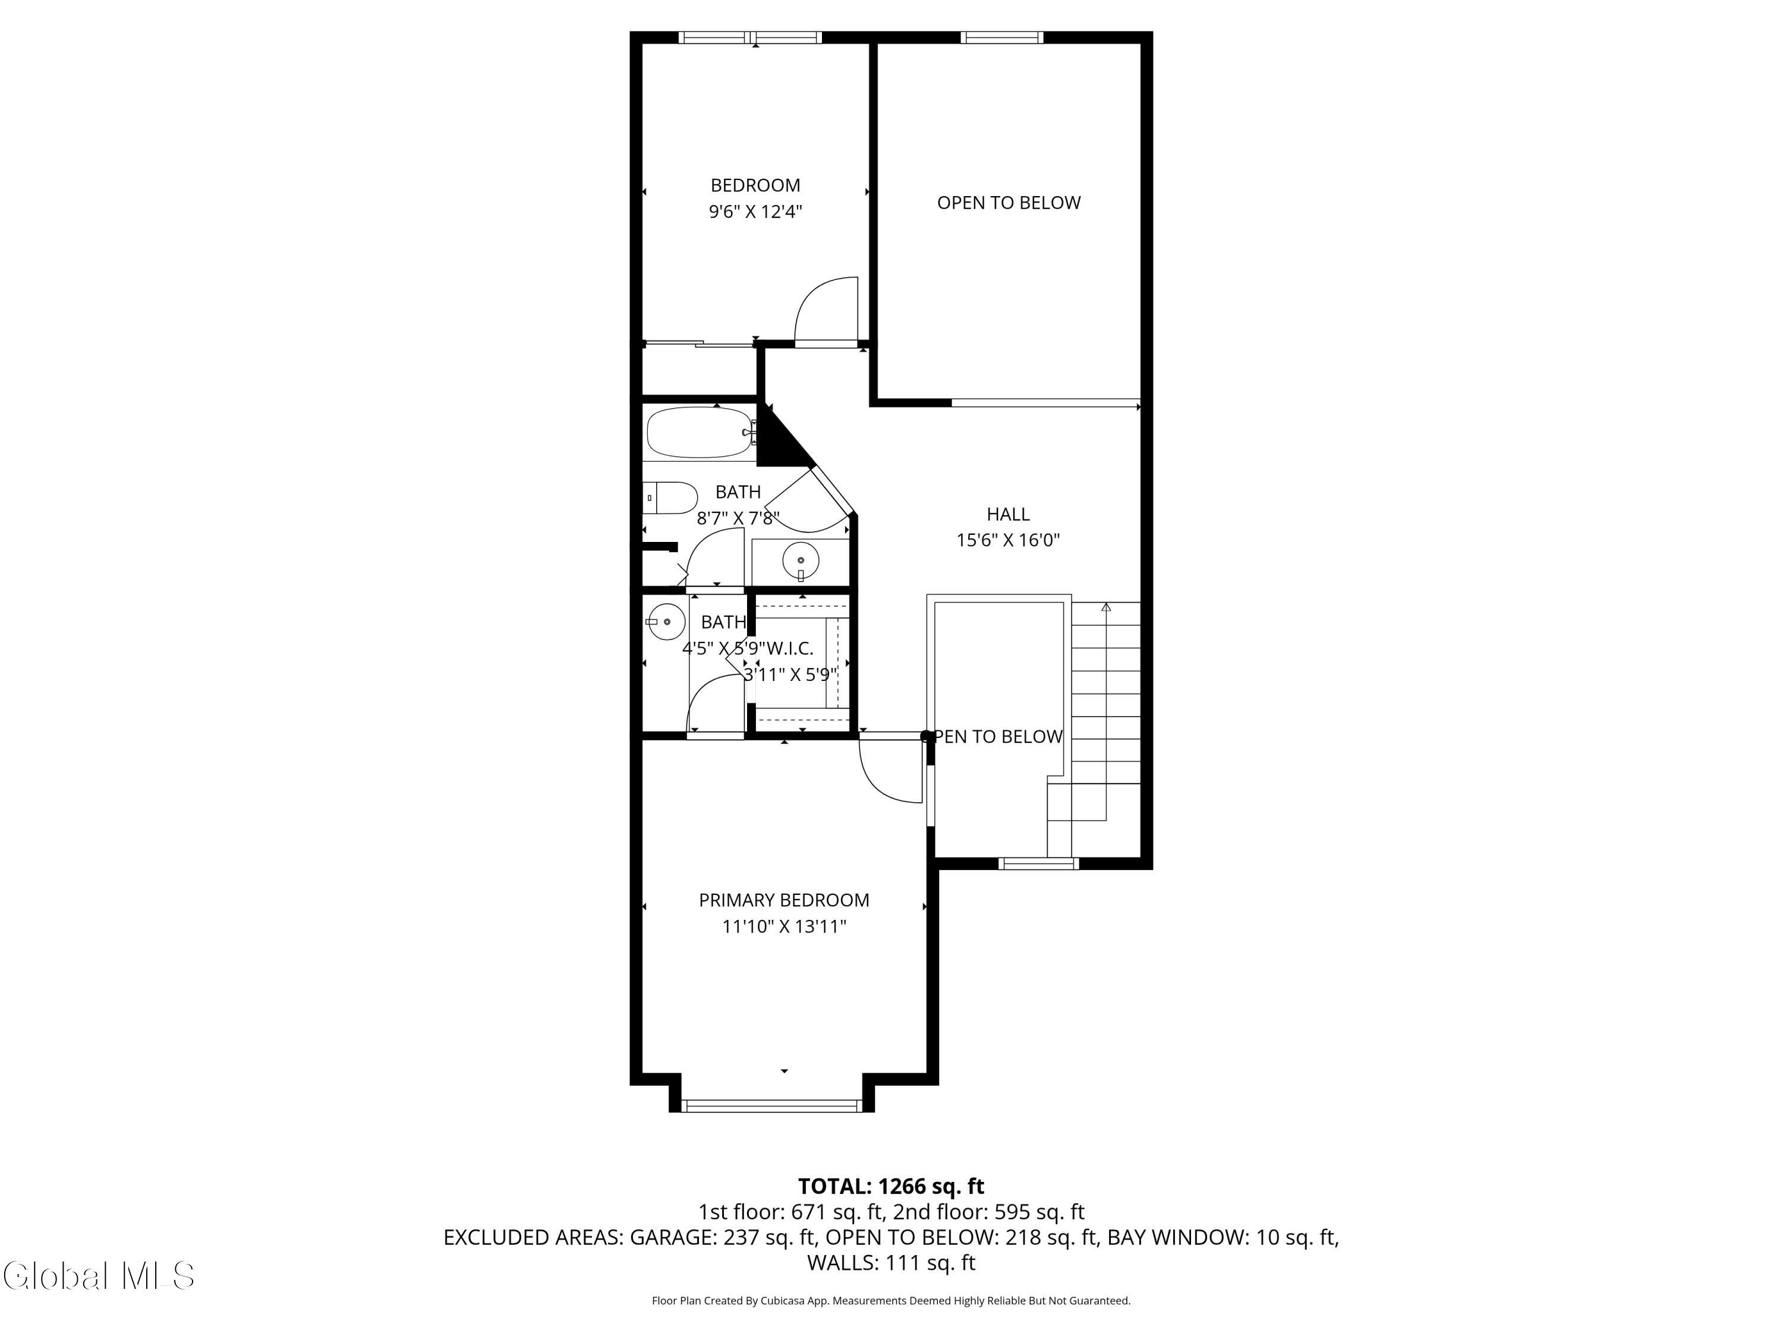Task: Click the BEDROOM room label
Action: [x=755, y=185]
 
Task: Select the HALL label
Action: [x=1007, y=514]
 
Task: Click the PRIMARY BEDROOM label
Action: [x=783, y=900]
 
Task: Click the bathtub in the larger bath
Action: [x=700, y=433]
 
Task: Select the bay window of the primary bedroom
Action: [x=771, y=1106]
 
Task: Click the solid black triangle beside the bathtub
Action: [x=778, y=443]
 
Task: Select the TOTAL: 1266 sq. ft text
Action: [x=891, y=1186]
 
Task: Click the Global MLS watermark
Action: [x=98, y=1276]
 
